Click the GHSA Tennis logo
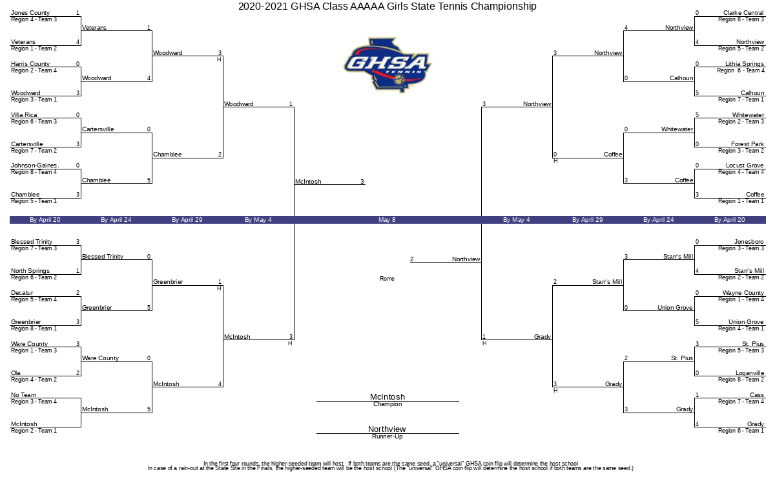pos(387,65)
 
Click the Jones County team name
pos(30,13)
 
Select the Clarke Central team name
pos(743,13)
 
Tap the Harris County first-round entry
pos(30,64)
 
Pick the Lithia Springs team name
pos(745,64)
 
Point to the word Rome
pos(387,279)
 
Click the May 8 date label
pos(387,220)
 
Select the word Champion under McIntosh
pos(387,404)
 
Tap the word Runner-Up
pos(387,436)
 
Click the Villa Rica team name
pos(24,114)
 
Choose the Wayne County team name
pos(743,293)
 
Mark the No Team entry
pos(23,395)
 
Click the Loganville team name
pos(750,373)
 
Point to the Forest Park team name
pos(747,144)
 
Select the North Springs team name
pos(30,271)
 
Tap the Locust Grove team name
pos(745,166)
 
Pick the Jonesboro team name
pos(749,242)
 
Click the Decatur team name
pos(22,293)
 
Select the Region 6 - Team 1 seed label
pos(741,431)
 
